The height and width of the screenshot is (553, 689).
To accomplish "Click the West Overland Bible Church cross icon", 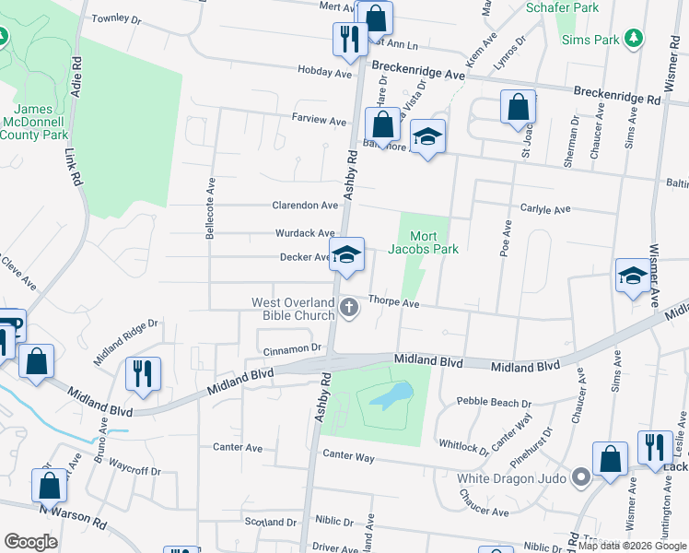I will point(349,308).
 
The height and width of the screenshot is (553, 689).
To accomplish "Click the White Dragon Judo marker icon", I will point(580,478).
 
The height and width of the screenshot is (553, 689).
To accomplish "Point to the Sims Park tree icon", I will point(633,39).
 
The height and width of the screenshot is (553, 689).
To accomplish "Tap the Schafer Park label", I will point(562,7).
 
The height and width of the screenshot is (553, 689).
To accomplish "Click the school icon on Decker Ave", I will point(346,255).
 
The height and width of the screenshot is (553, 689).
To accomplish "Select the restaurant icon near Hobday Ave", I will point(348,39).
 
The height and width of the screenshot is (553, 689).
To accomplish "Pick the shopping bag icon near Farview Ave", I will point(381,124).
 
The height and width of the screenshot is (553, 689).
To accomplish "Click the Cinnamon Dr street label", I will point(291,348).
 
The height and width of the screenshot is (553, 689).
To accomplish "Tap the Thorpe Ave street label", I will point(394,302).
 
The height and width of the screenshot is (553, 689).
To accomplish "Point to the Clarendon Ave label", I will point(305,206).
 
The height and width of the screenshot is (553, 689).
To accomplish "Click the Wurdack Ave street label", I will point(305,233).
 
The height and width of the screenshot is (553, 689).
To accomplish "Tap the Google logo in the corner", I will point(30,542).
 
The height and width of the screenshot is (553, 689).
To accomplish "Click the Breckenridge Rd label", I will point(617,95).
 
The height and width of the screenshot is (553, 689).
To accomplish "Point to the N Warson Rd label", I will point(73,514).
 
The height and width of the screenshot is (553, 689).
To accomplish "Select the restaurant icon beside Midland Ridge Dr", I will point(143,372).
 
